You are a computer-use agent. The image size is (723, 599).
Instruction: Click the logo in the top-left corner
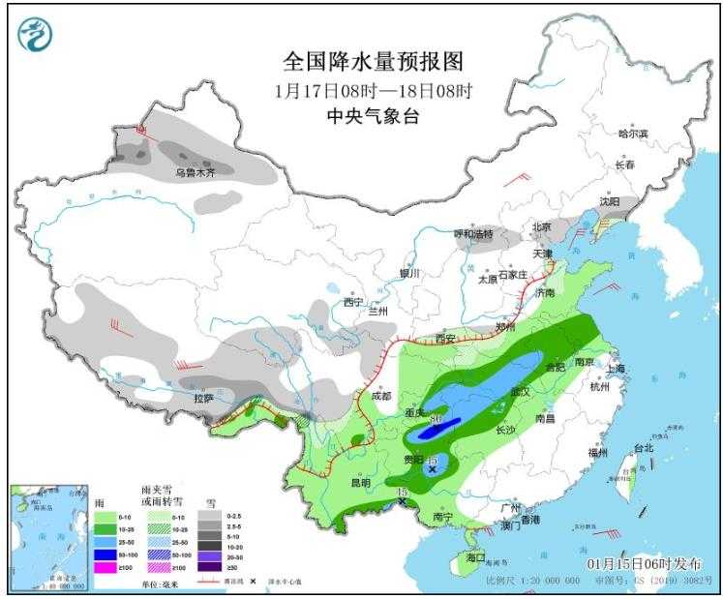(x=35, y=35)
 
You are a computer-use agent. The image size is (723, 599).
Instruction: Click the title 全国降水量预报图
(x=373, y=62)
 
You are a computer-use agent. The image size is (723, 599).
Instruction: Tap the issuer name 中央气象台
(x=373, y=117)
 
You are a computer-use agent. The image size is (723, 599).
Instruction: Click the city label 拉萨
(x=202, y=398)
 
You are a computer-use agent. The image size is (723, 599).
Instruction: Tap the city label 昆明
(x=360, y=482)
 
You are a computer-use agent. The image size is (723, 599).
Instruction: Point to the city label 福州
(x=597, y=452)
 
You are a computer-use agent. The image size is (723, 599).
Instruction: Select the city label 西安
(x=445, y=339)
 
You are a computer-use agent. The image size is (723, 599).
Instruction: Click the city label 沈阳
(x=608, y=203)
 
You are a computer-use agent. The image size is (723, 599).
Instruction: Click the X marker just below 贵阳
(x=432, y=469)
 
